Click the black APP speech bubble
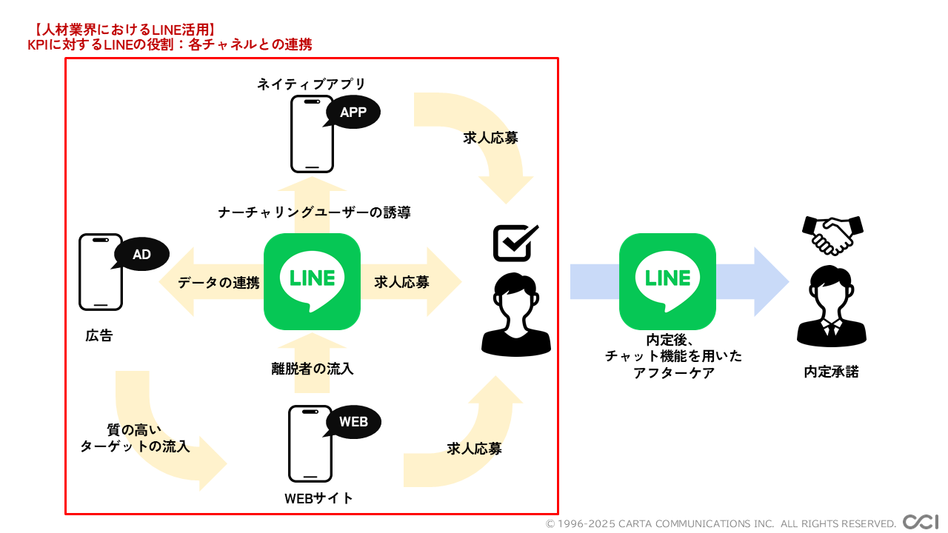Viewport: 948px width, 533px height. (x=353, y=113)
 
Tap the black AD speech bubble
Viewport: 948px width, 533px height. (x=141, y=255)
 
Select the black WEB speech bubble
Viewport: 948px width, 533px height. (x=353, y=422)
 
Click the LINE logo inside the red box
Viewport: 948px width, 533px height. (x=312, y=281)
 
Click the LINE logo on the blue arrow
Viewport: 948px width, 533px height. (x=667, y=281)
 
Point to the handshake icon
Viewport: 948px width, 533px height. (x=832, y=234)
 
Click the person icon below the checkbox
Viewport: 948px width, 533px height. (x=516, y=315)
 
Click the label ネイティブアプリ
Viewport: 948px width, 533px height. (x=312, y=84)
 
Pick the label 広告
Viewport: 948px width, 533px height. (x=99, y=335)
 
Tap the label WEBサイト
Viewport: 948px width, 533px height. (x=318, y=498)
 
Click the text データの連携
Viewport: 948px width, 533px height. (x=218, y=282)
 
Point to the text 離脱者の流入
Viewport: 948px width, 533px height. (x=312, y=368)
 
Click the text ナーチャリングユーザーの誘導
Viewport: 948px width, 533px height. (x=314, y=212)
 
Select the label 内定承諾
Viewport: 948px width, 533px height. (x=831, y=372)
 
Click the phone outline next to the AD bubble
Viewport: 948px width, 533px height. (x=101, y=272)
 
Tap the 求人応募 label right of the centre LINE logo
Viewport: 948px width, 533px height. (x=401, y=282)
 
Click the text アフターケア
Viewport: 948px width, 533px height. (x=673, y=373)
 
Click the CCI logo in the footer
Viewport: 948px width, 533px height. (x=921, y=522)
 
